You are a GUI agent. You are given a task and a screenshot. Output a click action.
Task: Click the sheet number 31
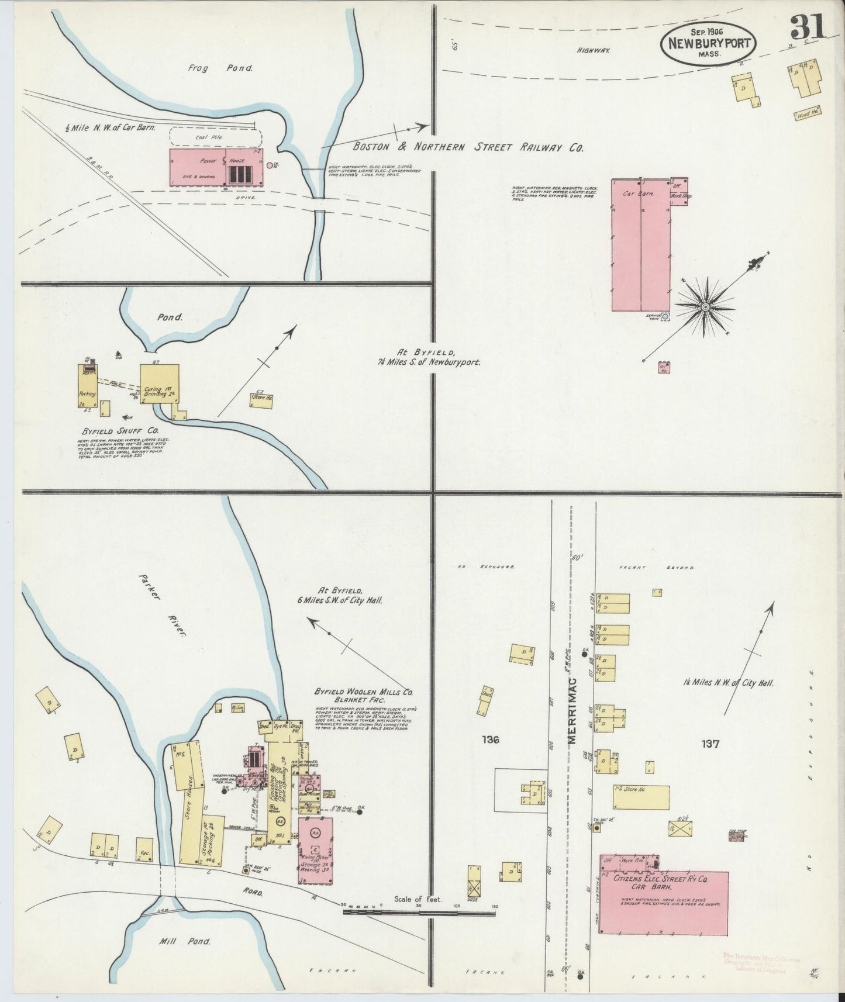click(808, 27)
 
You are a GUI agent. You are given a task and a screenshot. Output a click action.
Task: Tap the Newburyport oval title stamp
click(709, 44)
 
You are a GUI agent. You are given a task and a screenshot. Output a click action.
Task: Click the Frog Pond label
click(220, 68)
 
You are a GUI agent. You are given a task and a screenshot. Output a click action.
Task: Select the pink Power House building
click(215, 168)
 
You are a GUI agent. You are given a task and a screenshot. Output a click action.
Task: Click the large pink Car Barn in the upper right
click(641, 246)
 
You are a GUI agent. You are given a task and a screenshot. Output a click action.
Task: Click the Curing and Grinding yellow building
click(159, 383)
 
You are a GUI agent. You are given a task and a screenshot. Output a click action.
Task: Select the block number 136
click(490, 740)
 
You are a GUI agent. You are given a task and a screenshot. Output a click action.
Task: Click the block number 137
click(711, 744)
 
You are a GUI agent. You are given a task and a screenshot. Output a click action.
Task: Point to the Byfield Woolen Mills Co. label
click(363, 695)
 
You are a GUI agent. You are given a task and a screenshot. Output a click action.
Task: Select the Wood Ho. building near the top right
click(806, 116)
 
